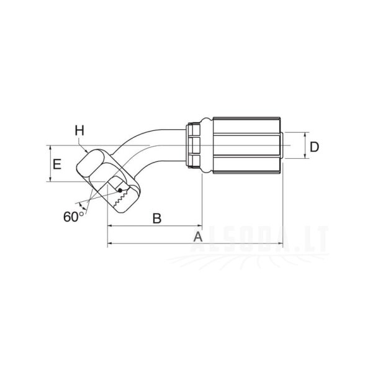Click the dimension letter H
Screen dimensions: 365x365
click(79, 130)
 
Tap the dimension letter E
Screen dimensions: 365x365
click(57, 164)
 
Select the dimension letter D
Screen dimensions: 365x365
click(315, 147)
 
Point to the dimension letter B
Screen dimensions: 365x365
click(157, 219)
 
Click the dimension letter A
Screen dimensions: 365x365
click(198, 237)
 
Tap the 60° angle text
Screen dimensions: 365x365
click(73, 217)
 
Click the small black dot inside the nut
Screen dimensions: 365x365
click(120, 191)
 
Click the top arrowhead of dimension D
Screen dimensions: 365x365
click(305, 134)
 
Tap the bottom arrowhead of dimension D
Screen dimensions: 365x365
click(305, 156)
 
